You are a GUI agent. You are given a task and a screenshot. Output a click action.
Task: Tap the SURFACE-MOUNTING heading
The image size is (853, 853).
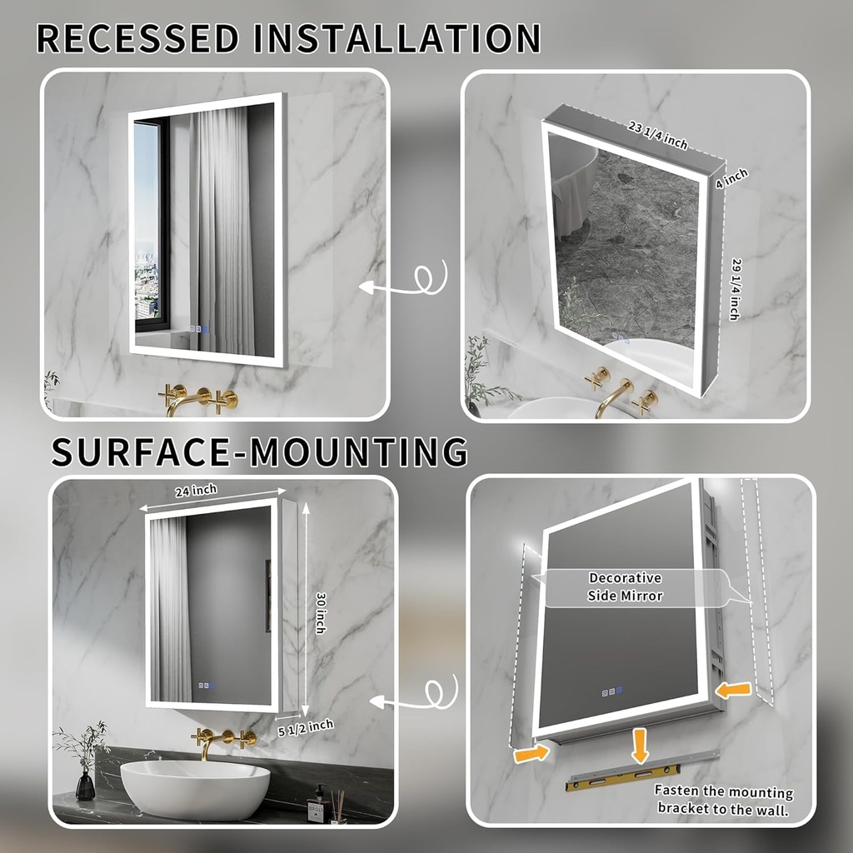tap(259, 451)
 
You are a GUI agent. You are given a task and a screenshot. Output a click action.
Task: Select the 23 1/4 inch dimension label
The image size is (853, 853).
tap(657, 135)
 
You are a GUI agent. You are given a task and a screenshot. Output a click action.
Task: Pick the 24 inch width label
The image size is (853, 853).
tap(196, 491)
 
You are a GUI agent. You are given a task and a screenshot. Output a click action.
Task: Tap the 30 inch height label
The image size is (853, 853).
tap(320, 612)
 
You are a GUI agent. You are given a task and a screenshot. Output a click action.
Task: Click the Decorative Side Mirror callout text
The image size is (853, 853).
tap(625, 586)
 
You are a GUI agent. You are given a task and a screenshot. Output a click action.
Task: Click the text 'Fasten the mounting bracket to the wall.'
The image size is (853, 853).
tap(723, 799)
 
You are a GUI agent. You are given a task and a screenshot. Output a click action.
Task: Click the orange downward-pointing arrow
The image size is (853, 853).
tap(639, 743)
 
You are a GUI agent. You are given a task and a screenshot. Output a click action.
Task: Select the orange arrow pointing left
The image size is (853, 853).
tap(734, 690)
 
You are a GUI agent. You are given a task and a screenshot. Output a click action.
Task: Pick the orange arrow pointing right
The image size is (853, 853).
tap(531, 753)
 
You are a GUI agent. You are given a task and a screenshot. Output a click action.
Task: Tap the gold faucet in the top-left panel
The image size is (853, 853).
tap(197, 399)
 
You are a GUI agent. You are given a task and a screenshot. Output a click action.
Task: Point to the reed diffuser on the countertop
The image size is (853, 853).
tap(337, 806)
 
